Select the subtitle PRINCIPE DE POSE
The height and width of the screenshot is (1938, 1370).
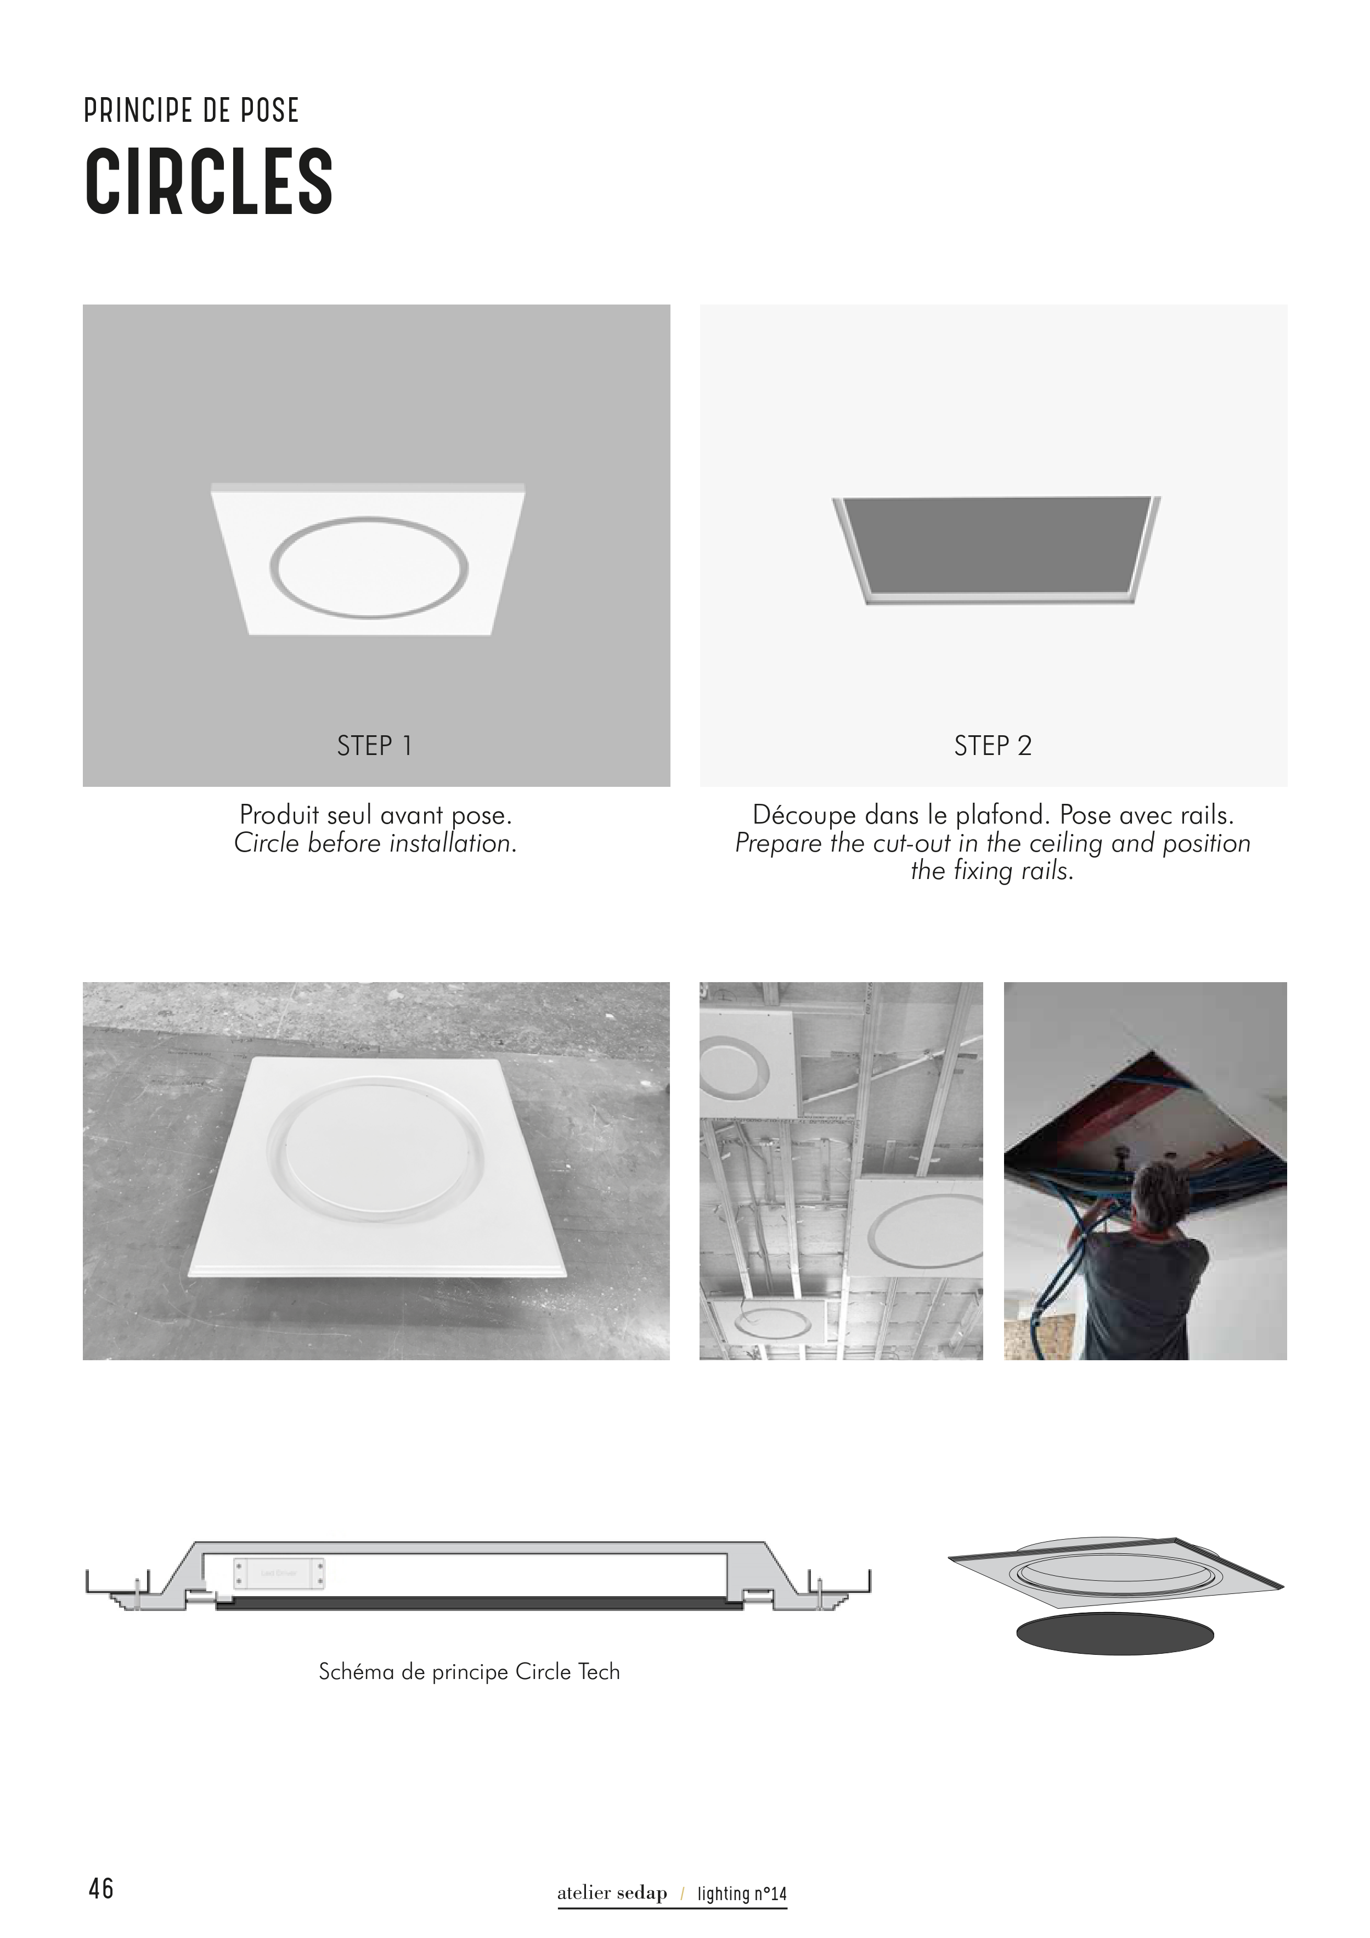(191, 111)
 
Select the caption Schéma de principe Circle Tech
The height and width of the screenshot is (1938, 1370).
(469, 1671)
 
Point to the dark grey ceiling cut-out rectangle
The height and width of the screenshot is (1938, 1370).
(997, 544)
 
